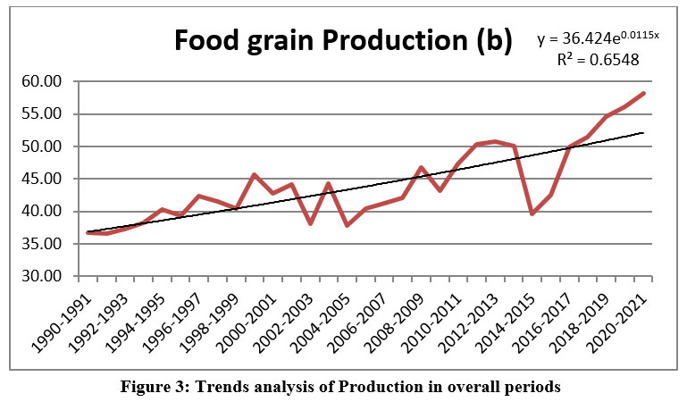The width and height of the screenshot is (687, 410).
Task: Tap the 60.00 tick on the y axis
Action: tap(41, 81)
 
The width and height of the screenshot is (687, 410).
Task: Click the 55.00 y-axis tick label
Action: tap(41, 113)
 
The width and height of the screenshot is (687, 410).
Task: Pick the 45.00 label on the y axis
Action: tap(41, 179)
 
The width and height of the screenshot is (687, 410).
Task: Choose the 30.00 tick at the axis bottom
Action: tap(41, 276)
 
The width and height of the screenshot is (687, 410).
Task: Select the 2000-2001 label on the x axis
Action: tap(235, 313)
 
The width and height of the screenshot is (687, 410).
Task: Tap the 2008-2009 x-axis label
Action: tap(384, 313)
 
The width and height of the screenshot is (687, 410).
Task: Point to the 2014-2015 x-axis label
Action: tap(496, 313)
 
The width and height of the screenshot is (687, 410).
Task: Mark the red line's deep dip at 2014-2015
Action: tap(532, 213)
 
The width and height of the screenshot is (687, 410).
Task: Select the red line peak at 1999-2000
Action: tap(254, 174)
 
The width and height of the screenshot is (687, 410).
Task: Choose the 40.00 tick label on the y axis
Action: tap(41, 211)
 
